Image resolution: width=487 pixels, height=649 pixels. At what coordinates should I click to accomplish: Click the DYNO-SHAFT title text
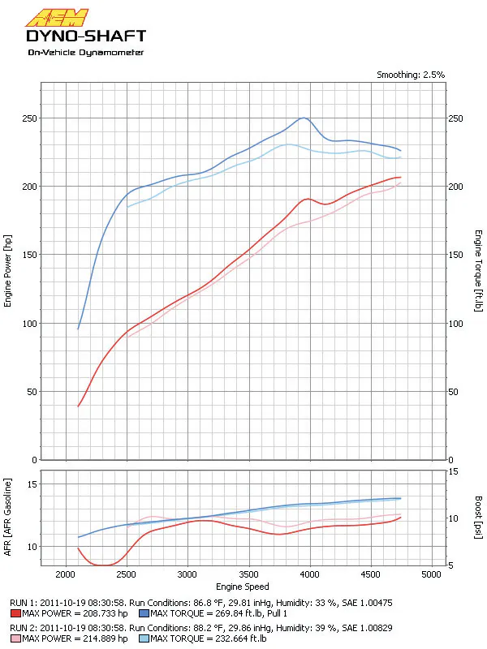pyautogui.click(x=86, y=36)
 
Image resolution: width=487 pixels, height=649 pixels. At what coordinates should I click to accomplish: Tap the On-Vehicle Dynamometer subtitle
pyautogui.click(x=85, y=53)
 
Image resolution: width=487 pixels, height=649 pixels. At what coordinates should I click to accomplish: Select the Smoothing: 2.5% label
pyautogui.click(x=410, y=75)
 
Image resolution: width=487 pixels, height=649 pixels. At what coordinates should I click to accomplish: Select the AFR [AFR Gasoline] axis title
pyautogui.click(x=8, y=518)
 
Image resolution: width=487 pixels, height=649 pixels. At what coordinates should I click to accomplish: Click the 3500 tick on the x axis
pyautogui.click(x=249, y=574)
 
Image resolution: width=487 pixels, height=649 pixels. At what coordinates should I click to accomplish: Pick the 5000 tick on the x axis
pyautogui.click(x=433, y=574)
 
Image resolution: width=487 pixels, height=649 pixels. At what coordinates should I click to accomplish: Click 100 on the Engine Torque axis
pyautogui.click(x=456, y=324)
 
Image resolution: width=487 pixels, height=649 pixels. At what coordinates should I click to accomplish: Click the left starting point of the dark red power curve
pyautogui.click(x=78, y=406)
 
